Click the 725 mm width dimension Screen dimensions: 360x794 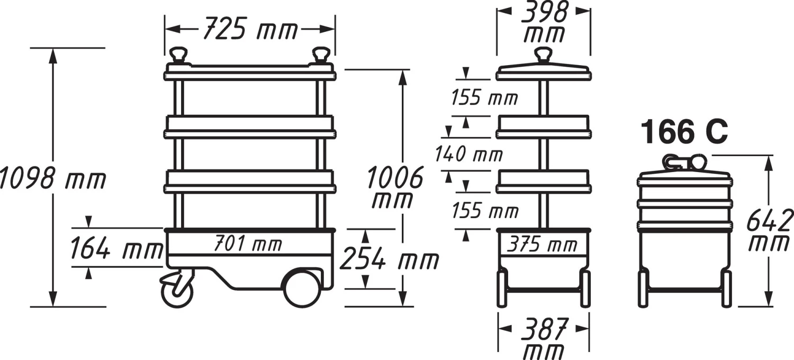point(250,30)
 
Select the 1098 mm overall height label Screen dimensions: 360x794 point(52,178)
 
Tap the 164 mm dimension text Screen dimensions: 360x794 point(116,249)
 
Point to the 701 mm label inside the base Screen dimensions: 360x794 point(248,245)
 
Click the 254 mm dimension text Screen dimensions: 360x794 point(389,260)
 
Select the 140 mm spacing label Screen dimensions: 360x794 point(468,155)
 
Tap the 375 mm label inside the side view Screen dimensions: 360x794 point(543,245)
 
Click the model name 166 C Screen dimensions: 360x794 point(684,132)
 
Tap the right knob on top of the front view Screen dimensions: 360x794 point(320,55)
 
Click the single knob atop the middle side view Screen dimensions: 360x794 point(543,55)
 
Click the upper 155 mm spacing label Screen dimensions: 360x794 point(484,98)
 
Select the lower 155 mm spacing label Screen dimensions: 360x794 point(484,211)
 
